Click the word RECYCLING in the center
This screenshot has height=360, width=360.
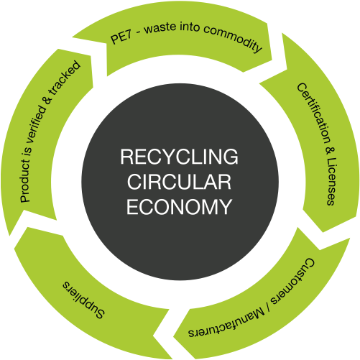tap(179, 157)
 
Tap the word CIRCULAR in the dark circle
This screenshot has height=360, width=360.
tap(179, 182)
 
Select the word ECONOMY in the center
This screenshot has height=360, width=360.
tap(179, 207)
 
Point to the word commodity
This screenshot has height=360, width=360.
tap(233, 37)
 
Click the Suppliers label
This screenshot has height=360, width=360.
tap(83, 300)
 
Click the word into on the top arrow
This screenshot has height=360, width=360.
tap(190, 26)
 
